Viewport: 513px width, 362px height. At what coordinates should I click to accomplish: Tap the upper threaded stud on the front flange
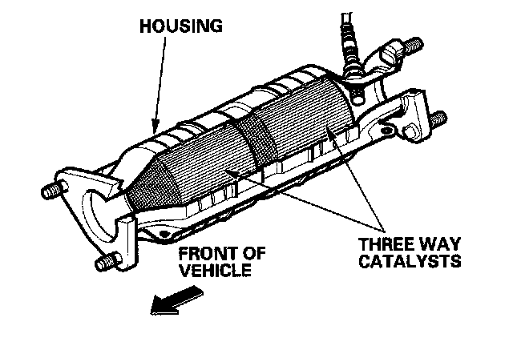click(50, 192)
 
